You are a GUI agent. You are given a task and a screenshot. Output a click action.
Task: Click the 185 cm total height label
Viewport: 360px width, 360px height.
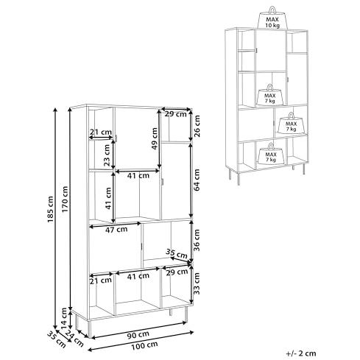(50, 209)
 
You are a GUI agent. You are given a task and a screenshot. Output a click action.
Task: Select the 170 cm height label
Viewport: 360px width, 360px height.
(65, 200)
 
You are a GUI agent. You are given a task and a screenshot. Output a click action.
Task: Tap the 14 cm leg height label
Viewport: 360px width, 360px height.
(64, 318)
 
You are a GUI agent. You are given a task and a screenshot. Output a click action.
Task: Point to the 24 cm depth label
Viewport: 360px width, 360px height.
(74, 339)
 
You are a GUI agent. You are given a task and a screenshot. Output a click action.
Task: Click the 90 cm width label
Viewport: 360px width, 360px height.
(138, 334)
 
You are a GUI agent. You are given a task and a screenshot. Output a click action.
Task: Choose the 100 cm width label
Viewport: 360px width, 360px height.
(144, 346)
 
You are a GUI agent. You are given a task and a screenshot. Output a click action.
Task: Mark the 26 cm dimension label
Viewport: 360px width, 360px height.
(197, 126)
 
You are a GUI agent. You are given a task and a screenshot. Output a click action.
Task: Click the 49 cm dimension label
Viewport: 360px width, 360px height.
(155, 138)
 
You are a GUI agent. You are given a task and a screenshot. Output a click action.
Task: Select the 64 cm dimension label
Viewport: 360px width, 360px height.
(197, 180)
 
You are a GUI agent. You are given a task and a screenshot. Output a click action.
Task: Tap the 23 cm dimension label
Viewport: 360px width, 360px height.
(107, 155)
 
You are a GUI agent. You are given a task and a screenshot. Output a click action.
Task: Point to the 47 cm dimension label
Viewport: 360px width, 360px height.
(116, 230)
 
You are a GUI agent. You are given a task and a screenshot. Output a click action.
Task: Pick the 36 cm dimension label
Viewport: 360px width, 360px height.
(197, 240)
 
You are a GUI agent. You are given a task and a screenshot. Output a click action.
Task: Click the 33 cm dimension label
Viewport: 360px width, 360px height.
(197, 283)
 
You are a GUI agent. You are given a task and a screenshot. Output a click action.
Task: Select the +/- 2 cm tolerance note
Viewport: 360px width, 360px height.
(301, 353)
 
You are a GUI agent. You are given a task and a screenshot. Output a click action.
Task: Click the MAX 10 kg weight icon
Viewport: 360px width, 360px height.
(272, 18)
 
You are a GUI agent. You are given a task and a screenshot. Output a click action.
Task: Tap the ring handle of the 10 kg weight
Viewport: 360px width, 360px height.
(272, 10)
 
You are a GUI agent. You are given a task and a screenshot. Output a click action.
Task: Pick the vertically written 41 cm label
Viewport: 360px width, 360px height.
(108, 198)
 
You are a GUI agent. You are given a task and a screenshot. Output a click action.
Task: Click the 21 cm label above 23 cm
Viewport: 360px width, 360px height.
(101, 133)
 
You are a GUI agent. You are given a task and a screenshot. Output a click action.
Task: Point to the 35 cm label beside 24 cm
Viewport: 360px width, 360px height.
(57, 339)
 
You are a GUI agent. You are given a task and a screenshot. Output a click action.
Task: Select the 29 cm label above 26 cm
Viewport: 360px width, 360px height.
(176, 114)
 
